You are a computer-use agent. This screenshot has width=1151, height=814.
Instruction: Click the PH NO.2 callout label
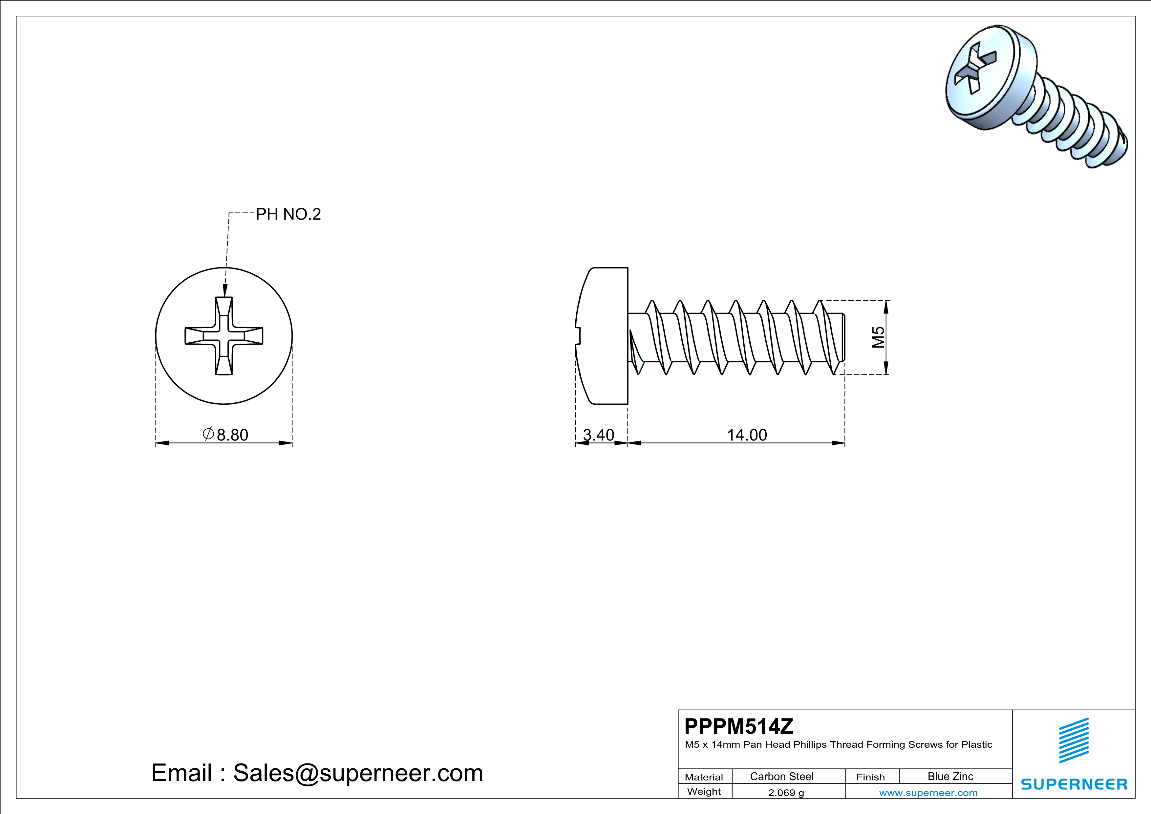click(x=288, y=215)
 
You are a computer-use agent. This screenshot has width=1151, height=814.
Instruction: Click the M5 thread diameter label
click(x=878, y=337)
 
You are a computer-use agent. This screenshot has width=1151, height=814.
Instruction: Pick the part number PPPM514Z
click(x=739, y=726)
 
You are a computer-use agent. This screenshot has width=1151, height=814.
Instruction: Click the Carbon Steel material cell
click(x=781, y=776)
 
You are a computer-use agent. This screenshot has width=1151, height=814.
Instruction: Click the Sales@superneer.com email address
click(x=358, y=773)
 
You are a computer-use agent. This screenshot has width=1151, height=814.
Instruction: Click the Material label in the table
click(x=704, y=777)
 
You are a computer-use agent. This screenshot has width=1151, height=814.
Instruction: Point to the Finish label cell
click(x=871, y=777)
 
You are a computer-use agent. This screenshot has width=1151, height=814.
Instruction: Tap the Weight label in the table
click(x=704, y=791)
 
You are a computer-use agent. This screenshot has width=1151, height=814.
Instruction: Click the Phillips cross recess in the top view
click(x=224, y=336)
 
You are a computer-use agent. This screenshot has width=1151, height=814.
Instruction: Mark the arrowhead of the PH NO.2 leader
click(x=224, y=292)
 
